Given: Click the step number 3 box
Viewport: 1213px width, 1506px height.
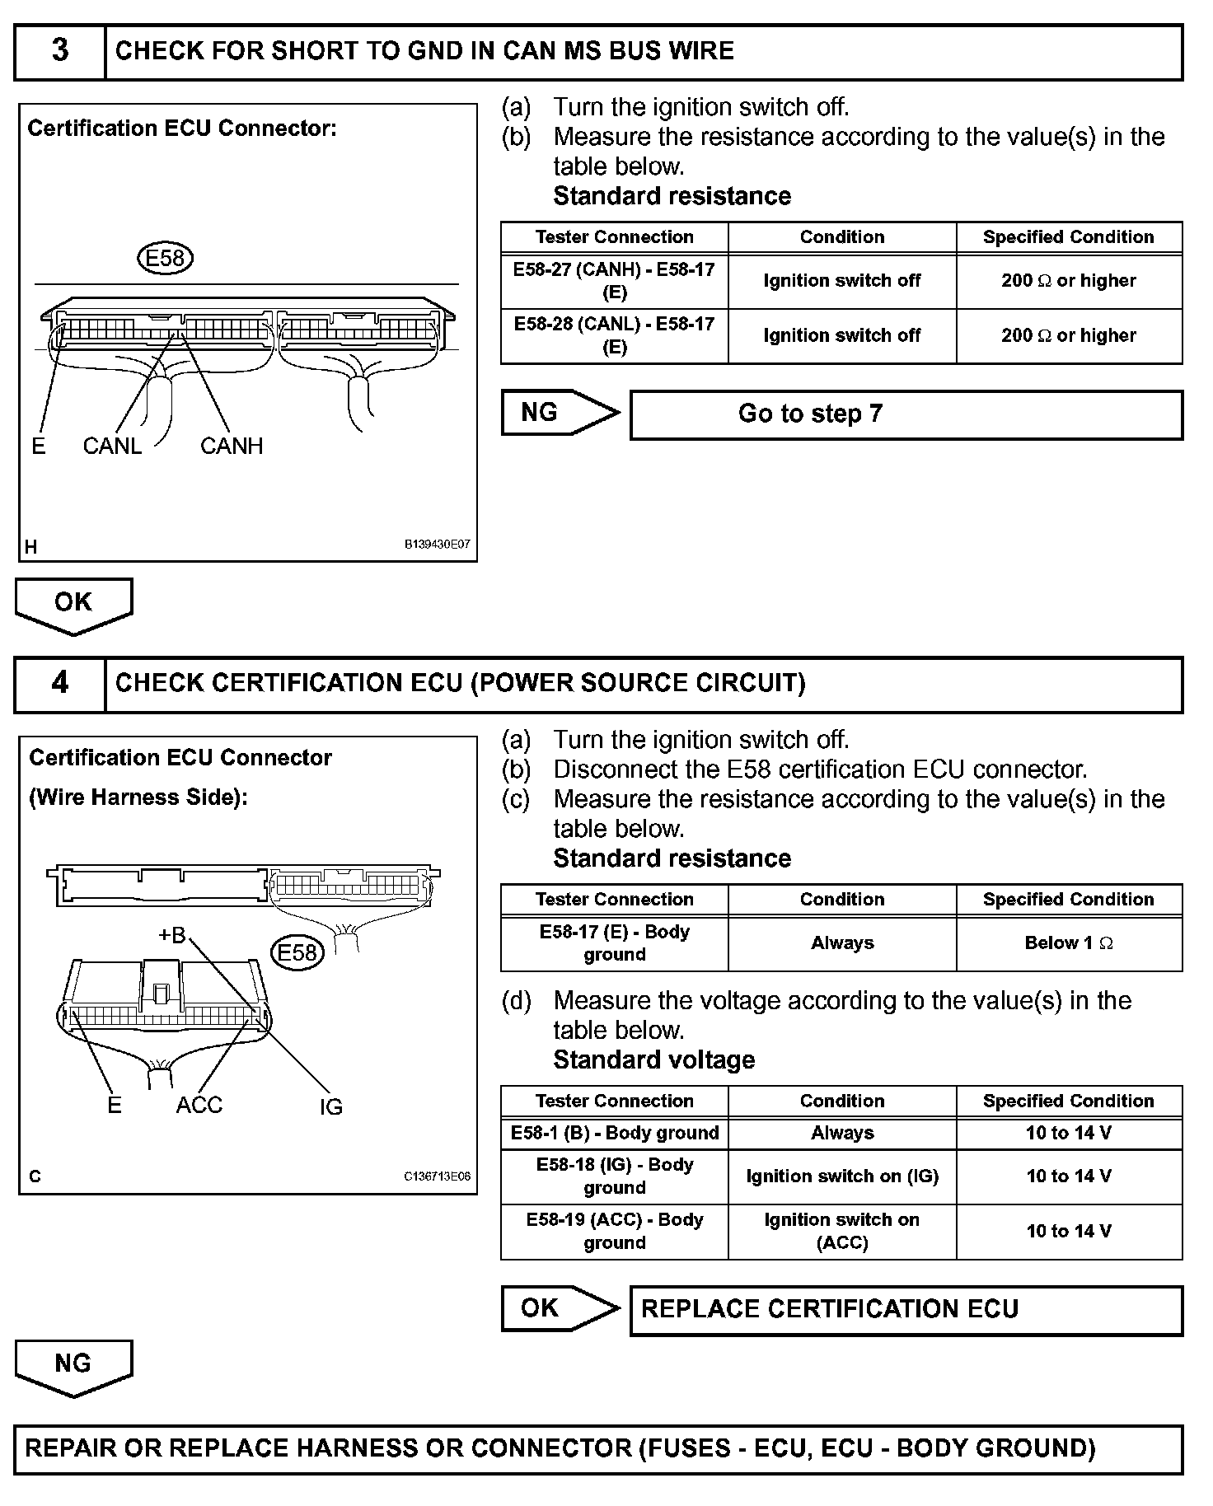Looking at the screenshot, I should pos(60,51).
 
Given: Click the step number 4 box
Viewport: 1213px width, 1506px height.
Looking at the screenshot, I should pos(60,683).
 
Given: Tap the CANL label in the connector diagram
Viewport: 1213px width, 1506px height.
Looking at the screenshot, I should pos(112,446).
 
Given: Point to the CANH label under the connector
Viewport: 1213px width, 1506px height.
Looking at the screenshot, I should pos(232,446).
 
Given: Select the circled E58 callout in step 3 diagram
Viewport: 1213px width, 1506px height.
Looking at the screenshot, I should pos(165,259).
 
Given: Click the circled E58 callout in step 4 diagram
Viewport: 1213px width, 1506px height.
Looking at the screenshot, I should pos(297,953).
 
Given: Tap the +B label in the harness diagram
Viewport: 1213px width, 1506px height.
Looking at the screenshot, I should pos(172,935).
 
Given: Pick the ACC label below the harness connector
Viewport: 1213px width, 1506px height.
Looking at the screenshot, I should pos(199,1105).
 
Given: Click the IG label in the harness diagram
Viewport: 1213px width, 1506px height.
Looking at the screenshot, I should pos(330,1107).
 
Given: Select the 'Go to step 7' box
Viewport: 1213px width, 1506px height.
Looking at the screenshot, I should pos(906,414).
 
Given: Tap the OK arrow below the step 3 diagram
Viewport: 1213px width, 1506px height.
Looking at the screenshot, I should pos(73,604).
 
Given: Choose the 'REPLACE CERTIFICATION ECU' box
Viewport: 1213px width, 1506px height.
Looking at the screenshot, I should pos(906,1309).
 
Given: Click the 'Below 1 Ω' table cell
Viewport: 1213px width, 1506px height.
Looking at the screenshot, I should pos(1069,943).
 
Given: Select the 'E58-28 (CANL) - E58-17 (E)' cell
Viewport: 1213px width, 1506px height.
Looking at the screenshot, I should pos(614,335).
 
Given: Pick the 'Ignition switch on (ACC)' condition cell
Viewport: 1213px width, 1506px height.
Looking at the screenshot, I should pos(841,1231).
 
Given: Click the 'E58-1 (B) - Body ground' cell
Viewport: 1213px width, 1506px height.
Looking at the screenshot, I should pos(614,1133).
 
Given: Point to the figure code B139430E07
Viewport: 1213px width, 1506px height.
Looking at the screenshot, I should pos(437,545).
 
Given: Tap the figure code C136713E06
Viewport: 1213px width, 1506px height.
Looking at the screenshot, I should pos(437,1176).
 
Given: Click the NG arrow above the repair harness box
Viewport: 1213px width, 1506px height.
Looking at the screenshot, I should pos(73,1365).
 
